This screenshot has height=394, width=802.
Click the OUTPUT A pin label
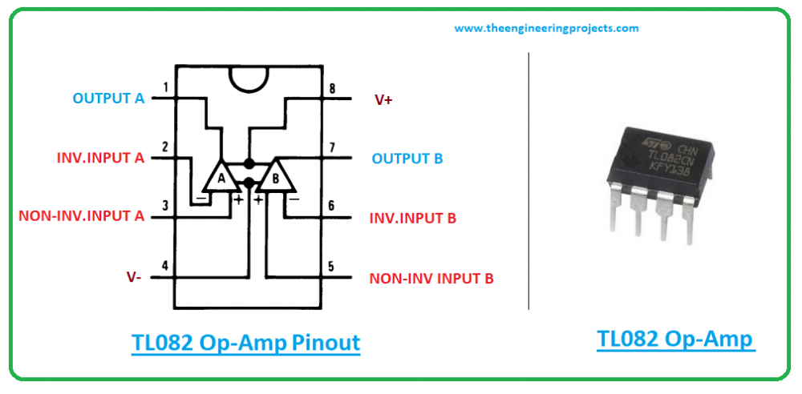pyautogui.click(x=108, y=98)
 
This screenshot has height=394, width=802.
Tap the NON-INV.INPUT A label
pyautogui.click(x=81, y=216)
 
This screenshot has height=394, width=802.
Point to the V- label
pyautogui.click(x=134, y=277)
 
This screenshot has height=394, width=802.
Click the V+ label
pyautogui.click(x=383, y=100)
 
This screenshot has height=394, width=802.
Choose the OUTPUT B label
pyautogui.click(x=407, y=159)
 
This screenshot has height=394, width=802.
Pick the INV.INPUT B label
pyautogui.click(x=412, y=219)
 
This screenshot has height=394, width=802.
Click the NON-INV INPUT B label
pyautogui.click(x=431, y=279)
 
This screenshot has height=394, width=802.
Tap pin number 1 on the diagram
pyautogui.click(x=165, y=87)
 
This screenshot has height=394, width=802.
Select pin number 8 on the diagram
pyautogui.click(x=333, y=88)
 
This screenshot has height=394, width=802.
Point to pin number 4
pyautogui.click(x=164, y=266)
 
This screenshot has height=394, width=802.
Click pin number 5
pyautogui.click(x=331, y=267)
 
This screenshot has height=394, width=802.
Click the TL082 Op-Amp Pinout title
pyautogui.click(x=245, y=343)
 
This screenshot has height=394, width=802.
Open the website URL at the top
pyautogui.click(x=546, y=28)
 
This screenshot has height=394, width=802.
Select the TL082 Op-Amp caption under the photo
pyautogui.click(x=675, y=339)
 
